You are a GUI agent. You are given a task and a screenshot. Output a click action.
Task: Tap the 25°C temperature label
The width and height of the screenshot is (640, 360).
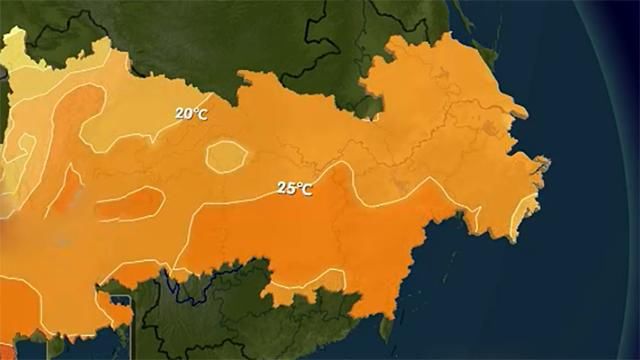pos(294,188)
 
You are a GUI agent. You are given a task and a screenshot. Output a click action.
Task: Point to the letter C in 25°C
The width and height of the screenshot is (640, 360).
pos(306,189)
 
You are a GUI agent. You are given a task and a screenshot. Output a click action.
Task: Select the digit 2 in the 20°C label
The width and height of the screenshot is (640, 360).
pos(180,114)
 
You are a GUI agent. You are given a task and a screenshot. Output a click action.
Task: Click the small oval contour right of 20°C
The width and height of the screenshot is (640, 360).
pos(227,154)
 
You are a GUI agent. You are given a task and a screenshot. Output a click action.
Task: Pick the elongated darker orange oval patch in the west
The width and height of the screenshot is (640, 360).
pos(129,204)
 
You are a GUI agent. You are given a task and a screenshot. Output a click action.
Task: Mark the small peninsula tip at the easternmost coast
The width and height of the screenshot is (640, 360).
pos(544,163)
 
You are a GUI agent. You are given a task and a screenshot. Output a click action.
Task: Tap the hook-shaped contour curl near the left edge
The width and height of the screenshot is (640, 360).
pos(24,150)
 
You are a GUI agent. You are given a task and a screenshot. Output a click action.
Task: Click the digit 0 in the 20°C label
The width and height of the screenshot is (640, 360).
pos(187,114)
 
